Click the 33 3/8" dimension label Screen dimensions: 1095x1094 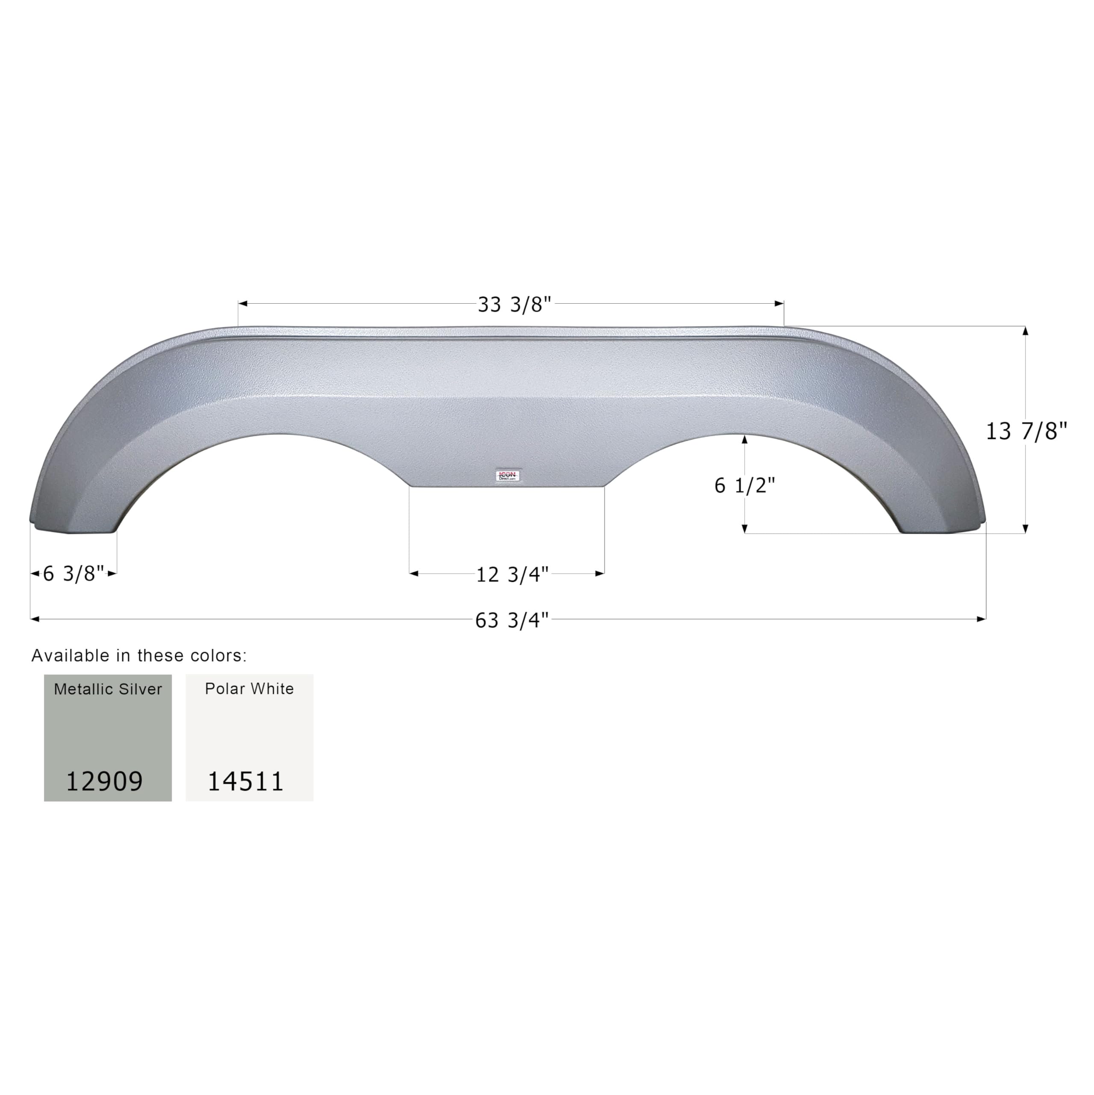tap(514, 305)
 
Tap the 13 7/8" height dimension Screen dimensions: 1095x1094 tap(1026, 432)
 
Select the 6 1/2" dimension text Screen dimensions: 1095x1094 tap(744, 486)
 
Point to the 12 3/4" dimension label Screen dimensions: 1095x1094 tap(512, 575)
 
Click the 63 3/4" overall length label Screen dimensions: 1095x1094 tap(512, 621)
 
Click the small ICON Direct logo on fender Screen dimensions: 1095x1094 tap(507, 476)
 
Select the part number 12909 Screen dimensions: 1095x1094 tap(104, 781)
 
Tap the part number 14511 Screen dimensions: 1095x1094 tap(245, 781)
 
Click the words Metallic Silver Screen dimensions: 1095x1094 tap(108, 689)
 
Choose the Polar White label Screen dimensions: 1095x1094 tap(249, 689)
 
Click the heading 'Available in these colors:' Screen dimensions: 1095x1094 tap(139, 656)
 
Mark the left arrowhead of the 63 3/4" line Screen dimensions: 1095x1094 tap(35, 619)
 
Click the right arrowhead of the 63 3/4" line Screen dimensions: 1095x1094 tap(982, 619)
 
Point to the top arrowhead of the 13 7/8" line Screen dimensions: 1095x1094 tap(1026, 331)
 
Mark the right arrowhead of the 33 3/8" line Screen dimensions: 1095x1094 tap(780, 304)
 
